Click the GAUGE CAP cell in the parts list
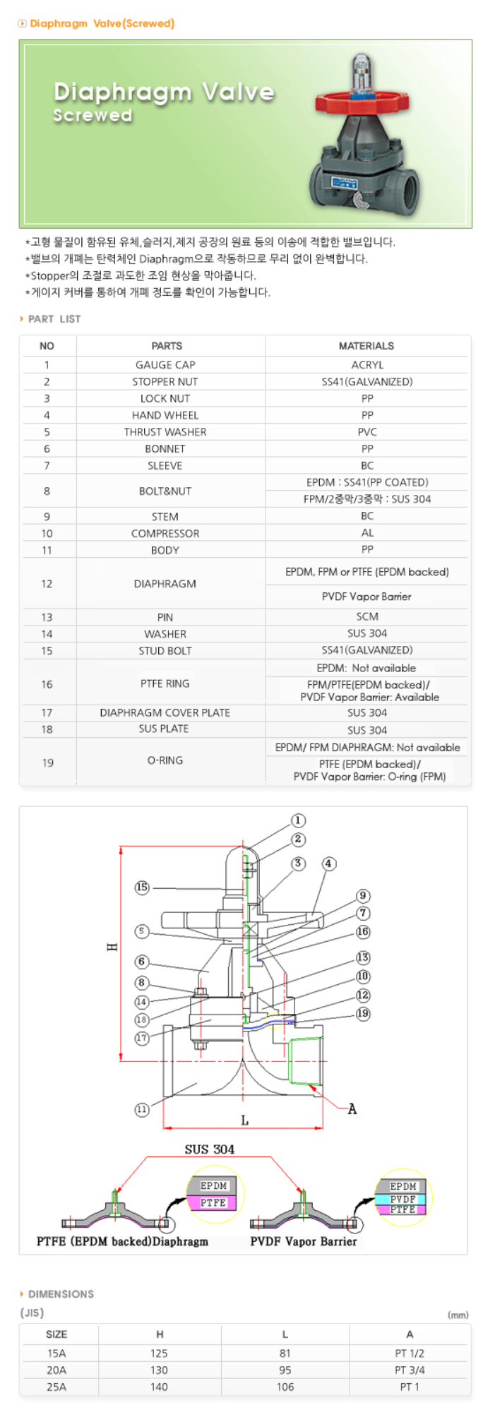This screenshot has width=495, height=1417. pos(165,365)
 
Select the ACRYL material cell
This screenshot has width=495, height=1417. pos(367,365)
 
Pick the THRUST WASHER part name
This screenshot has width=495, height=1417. pos(165,432)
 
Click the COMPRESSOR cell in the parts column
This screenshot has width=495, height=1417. pos(165,534)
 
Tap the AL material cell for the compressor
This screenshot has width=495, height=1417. pos(367,533)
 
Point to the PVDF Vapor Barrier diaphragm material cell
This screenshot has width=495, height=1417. pos(366,597)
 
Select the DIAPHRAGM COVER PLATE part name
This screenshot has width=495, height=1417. pos(165,713)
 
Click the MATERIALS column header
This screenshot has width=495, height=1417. pos(366,346)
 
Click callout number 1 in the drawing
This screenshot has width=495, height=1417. pos(298,820)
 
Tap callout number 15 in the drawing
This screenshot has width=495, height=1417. pos(142,887)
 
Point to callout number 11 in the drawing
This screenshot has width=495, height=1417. pos(142,1110)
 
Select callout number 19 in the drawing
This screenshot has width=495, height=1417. pos(363,1014)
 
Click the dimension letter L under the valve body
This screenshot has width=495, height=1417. pos(244,1120)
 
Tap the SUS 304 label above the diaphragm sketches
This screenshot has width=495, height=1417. pos(209,1150)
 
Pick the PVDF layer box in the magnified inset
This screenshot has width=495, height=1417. pos(402,1200)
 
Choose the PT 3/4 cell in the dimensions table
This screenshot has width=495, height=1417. pos(410,1370)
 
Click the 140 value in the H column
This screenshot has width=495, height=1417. pos(159,1387)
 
